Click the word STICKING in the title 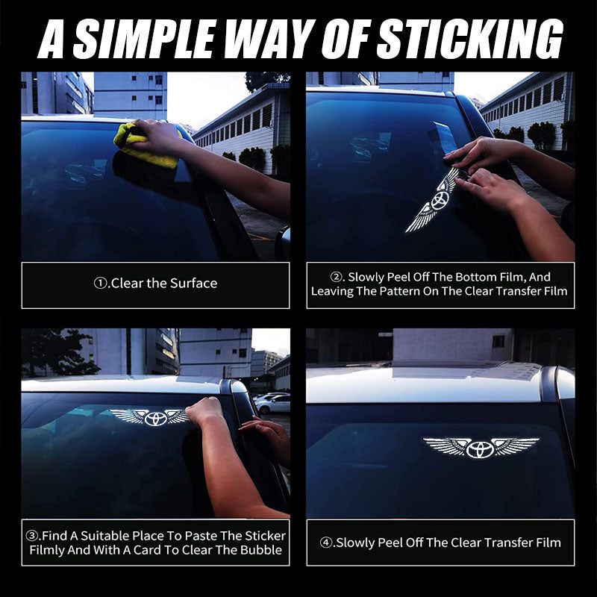pyautogui.click(x=469, y=39)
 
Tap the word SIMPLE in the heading pyautogui.click(x=143, y=39)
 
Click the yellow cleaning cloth pyautogui.click(x=146, y=146)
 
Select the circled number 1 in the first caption pyautogui.click(x=100, y=284)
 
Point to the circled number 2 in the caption pyautogui.click(x=337, y=277)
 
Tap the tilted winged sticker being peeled pyautogui.click(x=434, y=201)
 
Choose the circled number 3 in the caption pyautogui.click(x=32, y=536)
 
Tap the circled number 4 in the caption pyautogui.click(x=326, y=543)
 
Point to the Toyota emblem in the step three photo pyautogui.click(x=155, y=419)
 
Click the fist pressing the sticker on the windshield pyautogui.click(x=204, y=412)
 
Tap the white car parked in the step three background pyautogui.click(x=272, y=404)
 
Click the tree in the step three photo pyautogui.click(x=57, y=352)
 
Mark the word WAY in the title pyautogui.click(x=273, y=39)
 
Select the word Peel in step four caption pyautogui.click(x=390, y=543)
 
